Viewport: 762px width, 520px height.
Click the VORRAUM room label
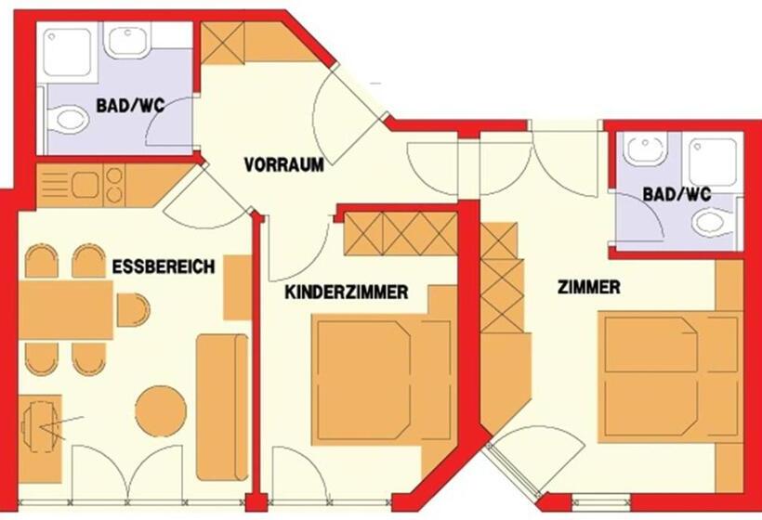tap(283, 164)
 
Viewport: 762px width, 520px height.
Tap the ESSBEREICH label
tap(164, 266)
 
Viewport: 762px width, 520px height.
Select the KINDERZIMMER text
tap(346, 292)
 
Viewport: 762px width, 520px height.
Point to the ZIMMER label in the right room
tap(588, 287)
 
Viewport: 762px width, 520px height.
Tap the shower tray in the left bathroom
tap(67, 52)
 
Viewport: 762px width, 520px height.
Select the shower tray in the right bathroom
tap(713, 162)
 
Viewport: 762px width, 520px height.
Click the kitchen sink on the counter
tap(85, 185)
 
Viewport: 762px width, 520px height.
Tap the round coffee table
tap(161, 410)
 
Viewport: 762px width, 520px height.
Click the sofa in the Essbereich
tap(222, 407)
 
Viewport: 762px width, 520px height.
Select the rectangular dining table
tap(66, 310)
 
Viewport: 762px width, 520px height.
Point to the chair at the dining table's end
tap(133, 310)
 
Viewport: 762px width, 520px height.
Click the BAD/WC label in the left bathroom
tap(130, 105)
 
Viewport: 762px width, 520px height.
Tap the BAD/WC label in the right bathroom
tap(677, 195)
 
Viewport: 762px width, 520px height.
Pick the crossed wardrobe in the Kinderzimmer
tap(401, 234)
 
